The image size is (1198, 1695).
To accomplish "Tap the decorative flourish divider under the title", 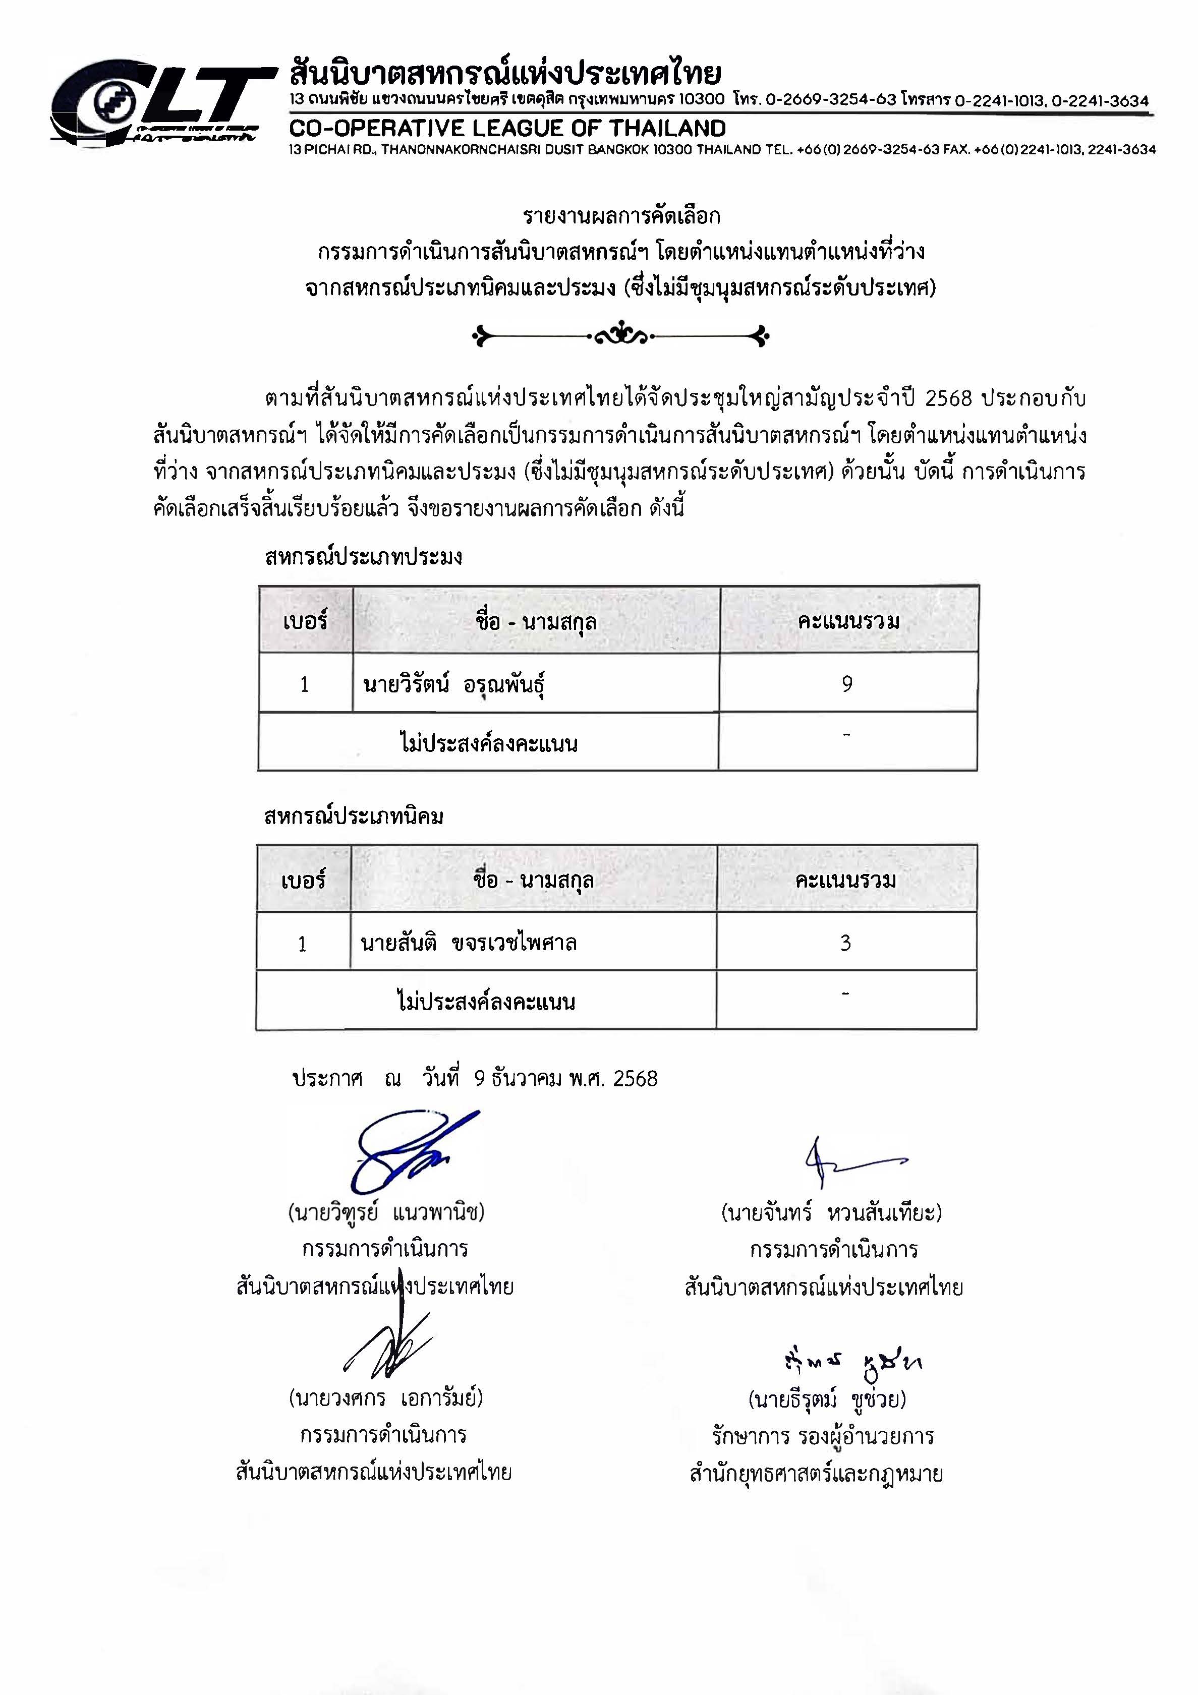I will tap(620, 337).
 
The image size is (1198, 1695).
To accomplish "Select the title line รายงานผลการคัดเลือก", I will tap(620, 216).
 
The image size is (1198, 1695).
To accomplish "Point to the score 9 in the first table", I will tap(847, 684).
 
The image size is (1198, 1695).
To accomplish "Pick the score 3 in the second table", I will tap(846, 943).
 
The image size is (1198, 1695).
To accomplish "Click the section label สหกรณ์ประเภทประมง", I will tap(363, 557).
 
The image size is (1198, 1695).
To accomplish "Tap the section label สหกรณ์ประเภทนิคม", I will tap(354, 816).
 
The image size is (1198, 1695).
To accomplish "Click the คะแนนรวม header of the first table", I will tap(848, 621).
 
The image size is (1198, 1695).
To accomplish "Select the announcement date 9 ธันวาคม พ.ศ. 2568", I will tap(565, 1079).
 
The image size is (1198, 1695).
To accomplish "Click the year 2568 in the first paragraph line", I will tap(946, 398).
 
